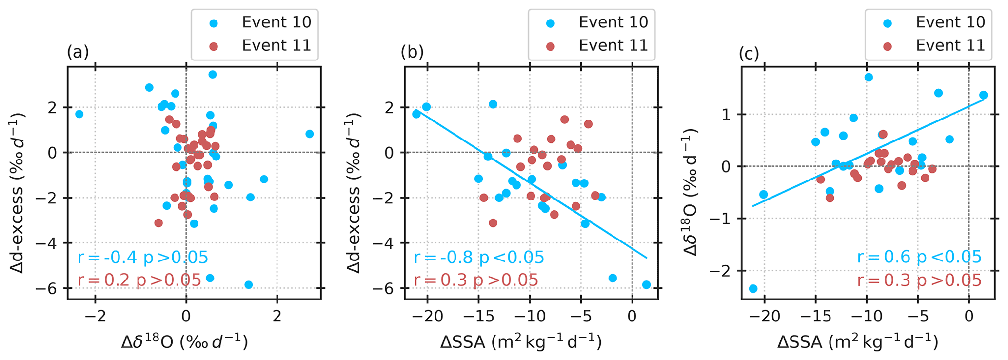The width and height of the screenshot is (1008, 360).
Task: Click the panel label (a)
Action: tap(78, 52)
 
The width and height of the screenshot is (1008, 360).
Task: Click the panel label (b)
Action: tap(412, 52)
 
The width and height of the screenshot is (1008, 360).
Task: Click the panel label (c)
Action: tap(749, 54)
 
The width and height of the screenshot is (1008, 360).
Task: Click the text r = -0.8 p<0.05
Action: tap(478, 258)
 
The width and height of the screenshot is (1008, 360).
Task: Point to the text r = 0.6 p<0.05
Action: tap(919, 257)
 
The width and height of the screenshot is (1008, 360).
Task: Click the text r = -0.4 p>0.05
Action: tap(142, 258)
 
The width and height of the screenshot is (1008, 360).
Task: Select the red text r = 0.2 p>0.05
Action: tap(139, 280)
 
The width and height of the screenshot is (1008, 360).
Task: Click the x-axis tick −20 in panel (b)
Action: tap(427, 316)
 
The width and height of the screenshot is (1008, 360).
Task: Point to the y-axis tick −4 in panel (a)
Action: tap(52, 243)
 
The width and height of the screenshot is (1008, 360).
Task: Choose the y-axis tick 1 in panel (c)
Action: tap(729, 115)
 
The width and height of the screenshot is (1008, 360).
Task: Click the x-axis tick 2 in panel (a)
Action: tap(277, 316)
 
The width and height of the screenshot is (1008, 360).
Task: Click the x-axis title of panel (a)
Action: tap(185, 342)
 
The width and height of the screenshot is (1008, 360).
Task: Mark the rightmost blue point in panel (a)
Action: tap(309, 134)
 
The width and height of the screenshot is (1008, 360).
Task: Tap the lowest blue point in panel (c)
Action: tap(753, 289)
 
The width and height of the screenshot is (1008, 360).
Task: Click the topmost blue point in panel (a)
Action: tap(213, 75)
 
